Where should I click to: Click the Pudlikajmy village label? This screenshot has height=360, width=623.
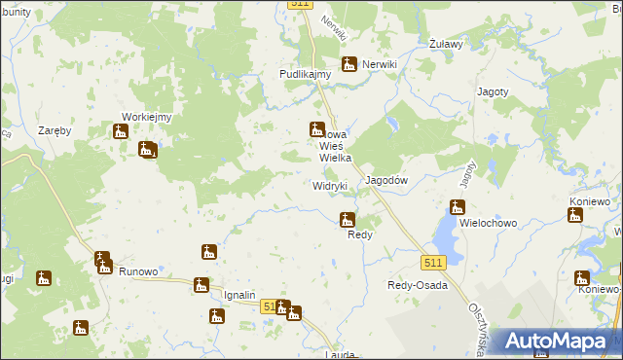pos(306,73)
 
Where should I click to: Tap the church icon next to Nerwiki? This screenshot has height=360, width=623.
pos(348,64)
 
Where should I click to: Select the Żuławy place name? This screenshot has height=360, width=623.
pos(446,44)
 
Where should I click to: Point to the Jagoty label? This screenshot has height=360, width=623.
pos(493,91)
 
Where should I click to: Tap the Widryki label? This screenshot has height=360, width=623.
pos(330,185)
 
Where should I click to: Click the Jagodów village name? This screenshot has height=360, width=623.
pos(385,181)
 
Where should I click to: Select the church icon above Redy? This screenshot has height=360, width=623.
pos(346,220)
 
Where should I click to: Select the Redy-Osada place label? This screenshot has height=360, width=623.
pos(418,285)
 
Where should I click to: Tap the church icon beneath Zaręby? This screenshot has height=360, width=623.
pos(121,131)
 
